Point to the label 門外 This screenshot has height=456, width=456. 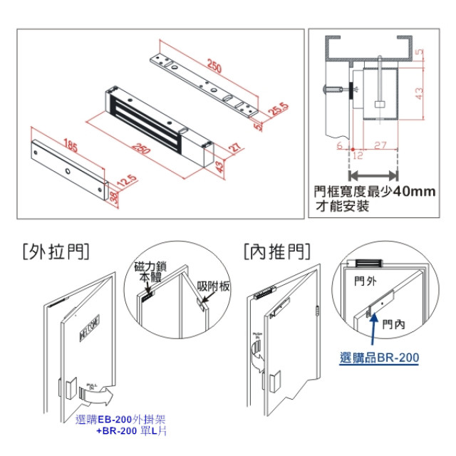point(365,281)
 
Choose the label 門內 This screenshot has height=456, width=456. point(392,324)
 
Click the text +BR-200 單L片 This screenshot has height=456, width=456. point(131,432)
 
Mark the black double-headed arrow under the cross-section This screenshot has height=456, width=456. point(374,173)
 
